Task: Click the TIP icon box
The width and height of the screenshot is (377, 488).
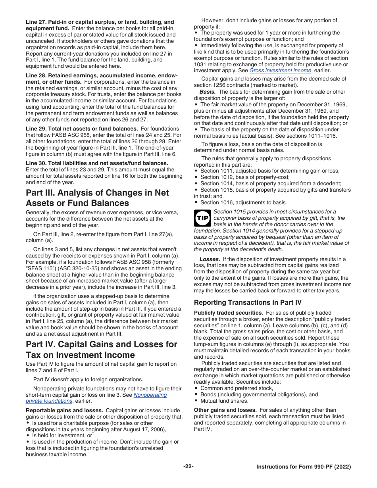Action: click(203, 218)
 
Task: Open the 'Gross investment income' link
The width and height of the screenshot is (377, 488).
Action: click(280, 71)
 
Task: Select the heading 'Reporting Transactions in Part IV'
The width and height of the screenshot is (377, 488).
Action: click(248, 302)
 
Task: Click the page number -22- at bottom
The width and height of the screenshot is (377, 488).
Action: click(188, 467)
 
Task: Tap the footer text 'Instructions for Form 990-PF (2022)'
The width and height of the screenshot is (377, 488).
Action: click(304, 467)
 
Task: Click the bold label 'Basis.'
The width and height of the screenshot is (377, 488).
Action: click(208, 92)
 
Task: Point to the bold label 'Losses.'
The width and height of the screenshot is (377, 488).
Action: click(210, 259)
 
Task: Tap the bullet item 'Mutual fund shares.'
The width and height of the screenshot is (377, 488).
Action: click(224, 401)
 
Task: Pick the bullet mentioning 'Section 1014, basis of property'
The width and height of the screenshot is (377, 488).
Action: click(271, 184)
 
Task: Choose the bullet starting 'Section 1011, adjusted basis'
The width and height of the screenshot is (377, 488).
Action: click(270, 171)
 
